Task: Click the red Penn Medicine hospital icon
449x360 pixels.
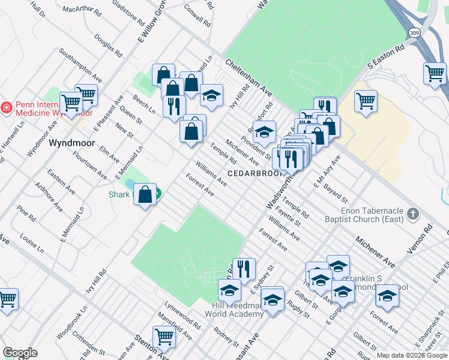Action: (x=7, y=107)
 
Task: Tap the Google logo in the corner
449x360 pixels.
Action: (x=20, y=353)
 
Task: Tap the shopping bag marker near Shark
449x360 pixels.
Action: (x=145, y=194)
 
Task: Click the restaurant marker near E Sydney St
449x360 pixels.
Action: (x=244, y=269)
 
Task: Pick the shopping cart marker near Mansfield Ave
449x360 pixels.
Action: (x=164, y=337)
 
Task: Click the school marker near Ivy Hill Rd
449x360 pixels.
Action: (x=211, y=95)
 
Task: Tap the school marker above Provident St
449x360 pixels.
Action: (x=264, y=132)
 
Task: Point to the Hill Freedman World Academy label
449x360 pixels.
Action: (x=238, y=310)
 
